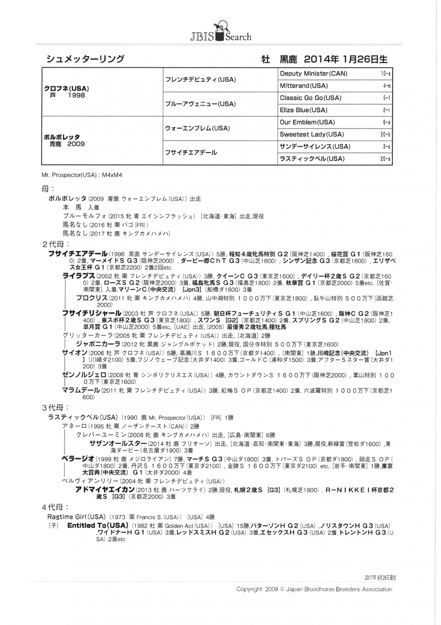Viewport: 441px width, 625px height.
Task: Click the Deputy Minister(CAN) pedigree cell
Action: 314,73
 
